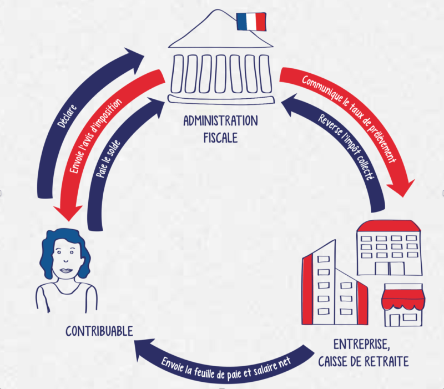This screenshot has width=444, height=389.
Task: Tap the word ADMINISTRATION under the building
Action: point(220,120)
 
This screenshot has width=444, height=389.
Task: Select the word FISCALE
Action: point(220,137)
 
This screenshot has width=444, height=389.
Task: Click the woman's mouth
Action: point(65,270)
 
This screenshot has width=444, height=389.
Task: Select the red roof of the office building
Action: point(388,225)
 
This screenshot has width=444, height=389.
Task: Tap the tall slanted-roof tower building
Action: point(319,283)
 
